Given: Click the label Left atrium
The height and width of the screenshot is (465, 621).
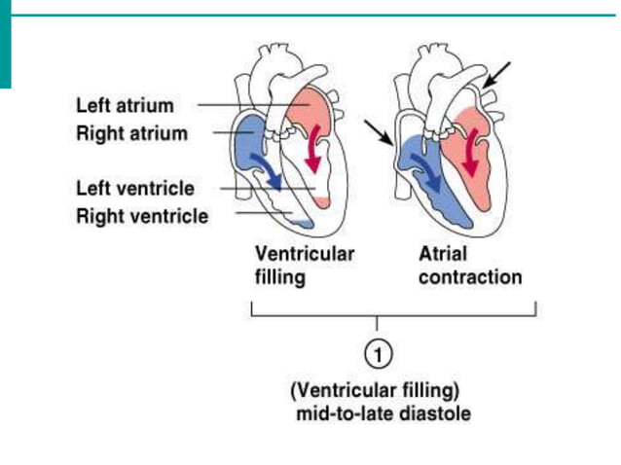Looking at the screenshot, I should coord(126,104).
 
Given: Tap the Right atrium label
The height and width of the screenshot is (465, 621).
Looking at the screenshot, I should coord(131,133).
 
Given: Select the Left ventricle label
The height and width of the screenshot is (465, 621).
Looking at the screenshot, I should coord(134,188).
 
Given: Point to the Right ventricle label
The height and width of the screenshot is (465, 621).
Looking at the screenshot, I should coord(141,216).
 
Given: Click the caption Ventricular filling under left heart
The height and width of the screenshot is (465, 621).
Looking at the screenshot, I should coord(304,265).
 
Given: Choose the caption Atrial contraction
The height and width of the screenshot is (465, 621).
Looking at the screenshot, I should coord(470,265).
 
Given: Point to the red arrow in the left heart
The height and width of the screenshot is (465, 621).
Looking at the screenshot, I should coord(313,146).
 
